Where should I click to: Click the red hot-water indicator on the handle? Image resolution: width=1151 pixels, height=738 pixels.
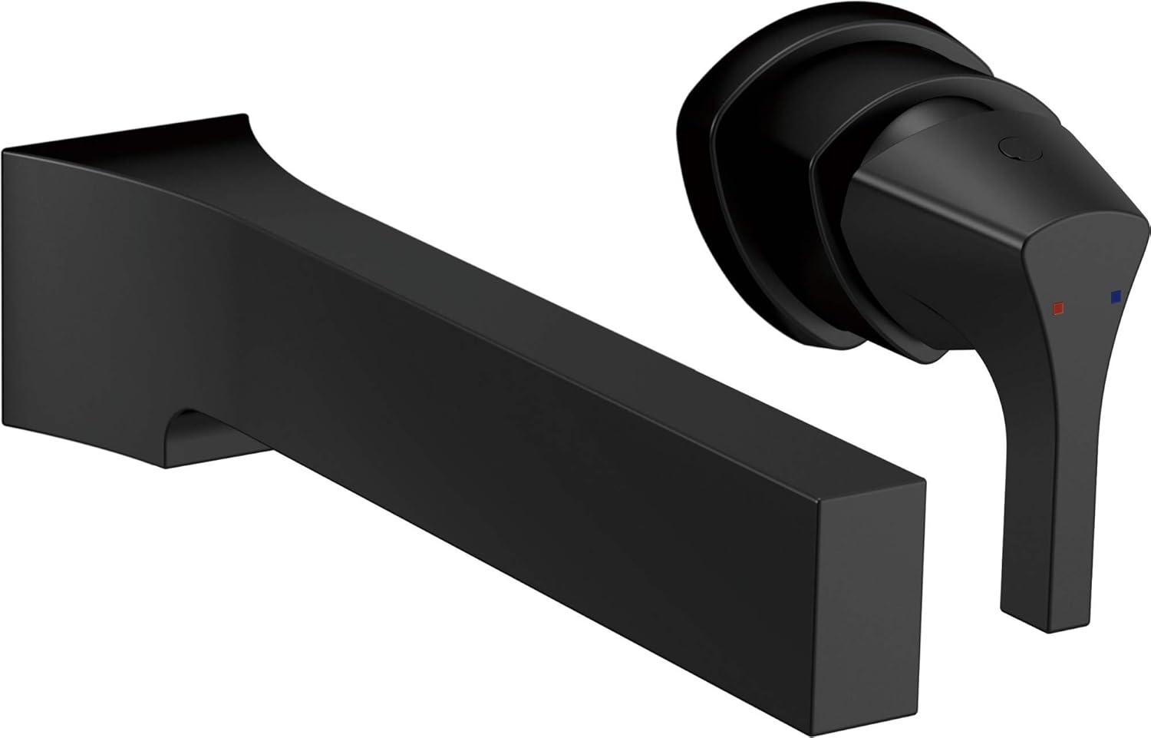point(1058,307)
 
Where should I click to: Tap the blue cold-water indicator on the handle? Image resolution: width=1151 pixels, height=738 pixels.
point(1115,296)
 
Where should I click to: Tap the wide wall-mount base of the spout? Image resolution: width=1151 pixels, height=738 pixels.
point(92,307)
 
